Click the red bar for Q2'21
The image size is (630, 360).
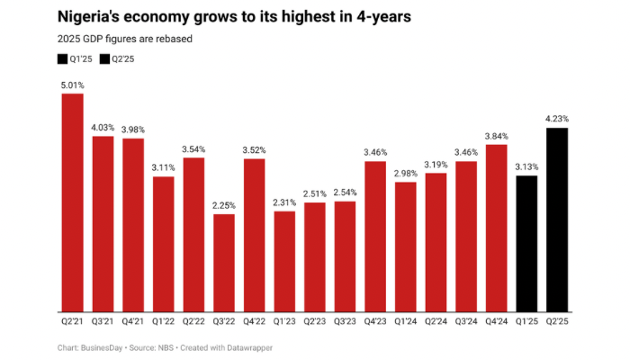(72, 202)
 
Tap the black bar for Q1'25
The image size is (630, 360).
(526, 243)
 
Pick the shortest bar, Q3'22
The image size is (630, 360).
(224, 262)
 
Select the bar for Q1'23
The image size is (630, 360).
(284, 261)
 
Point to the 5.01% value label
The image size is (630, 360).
(72, 85)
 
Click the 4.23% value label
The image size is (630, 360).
(557, 119)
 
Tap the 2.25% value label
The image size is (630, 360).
(224, 205)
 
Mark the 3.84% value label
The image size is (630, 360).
(496, 135)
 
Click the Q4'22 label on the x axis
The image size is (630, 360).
(254, 320)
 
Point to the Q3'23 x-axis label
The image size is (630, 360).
(345, 320)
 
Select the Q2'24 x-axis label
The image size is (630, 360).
(436, 320)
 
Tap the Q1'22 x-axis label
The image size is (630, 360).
(163, 320)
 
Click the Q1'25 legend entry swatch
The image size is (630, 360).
(61, 58)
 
